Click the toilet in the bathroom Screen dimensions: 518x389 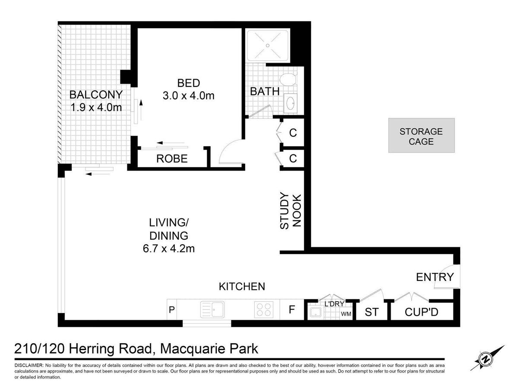tap(287, 80)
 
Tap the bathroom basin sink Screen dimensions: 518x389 tap(290, 103)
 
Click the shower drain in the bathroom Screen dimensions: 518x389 tap(267, 45)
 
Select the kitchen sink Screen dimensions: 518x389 tap(212, 309)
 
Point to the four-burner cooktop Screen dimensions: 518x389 tap(264, 309)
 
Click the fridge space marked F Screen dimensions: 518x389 tap(292, 309)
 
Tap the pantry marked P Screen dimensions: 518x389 tap(171, 309)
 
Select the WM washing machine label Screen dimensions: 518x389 tap(346, 314)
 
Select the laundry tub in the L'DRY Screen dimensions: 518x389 tap(315, 313)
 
